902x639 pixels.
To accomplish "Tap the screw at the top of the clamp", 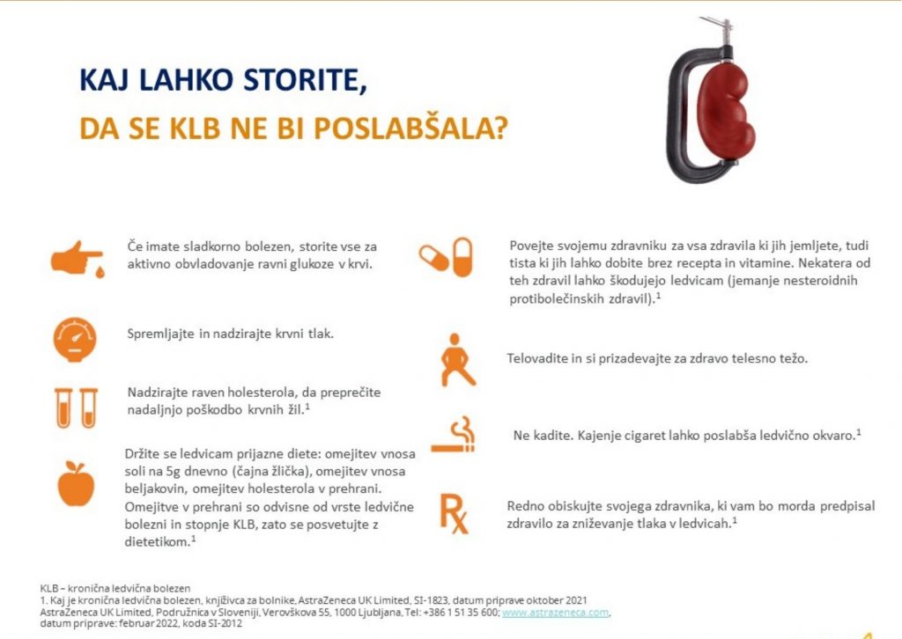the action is [x=721, y=32].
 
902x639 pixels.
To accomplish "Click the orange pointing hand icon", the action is [x=76, y=257].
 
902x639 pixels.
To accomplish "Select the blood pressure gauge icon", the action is [x=75, y=339].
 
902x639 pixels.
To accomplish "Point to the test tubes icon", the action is [x=76, y=408].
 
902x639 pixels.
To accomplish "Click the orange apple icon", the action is [x=76, y=483].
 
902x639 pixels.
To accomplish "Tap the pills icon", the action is [x=447, y=257].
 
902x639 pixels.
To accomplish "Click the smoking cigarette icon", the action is [x=454, y=435].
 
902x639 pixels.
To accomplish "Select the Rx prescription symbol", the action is [x=454, y=513].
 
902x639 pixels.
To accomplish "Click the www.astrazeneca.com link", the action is [x=555, y=613].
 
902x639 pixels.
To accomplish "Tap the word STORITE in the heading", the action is [x=305, y=80].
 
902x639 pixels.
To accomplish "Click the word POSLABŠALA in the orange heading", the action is [x=410, y=129].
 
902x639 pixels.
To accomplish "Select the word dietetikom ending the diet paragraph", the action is [x=157, y=542].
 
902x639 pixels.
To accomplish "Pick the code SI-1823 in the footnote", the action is [x=431, y=600].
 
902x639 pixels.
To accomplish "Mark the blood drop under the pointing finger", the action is [x=100, y=272].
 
